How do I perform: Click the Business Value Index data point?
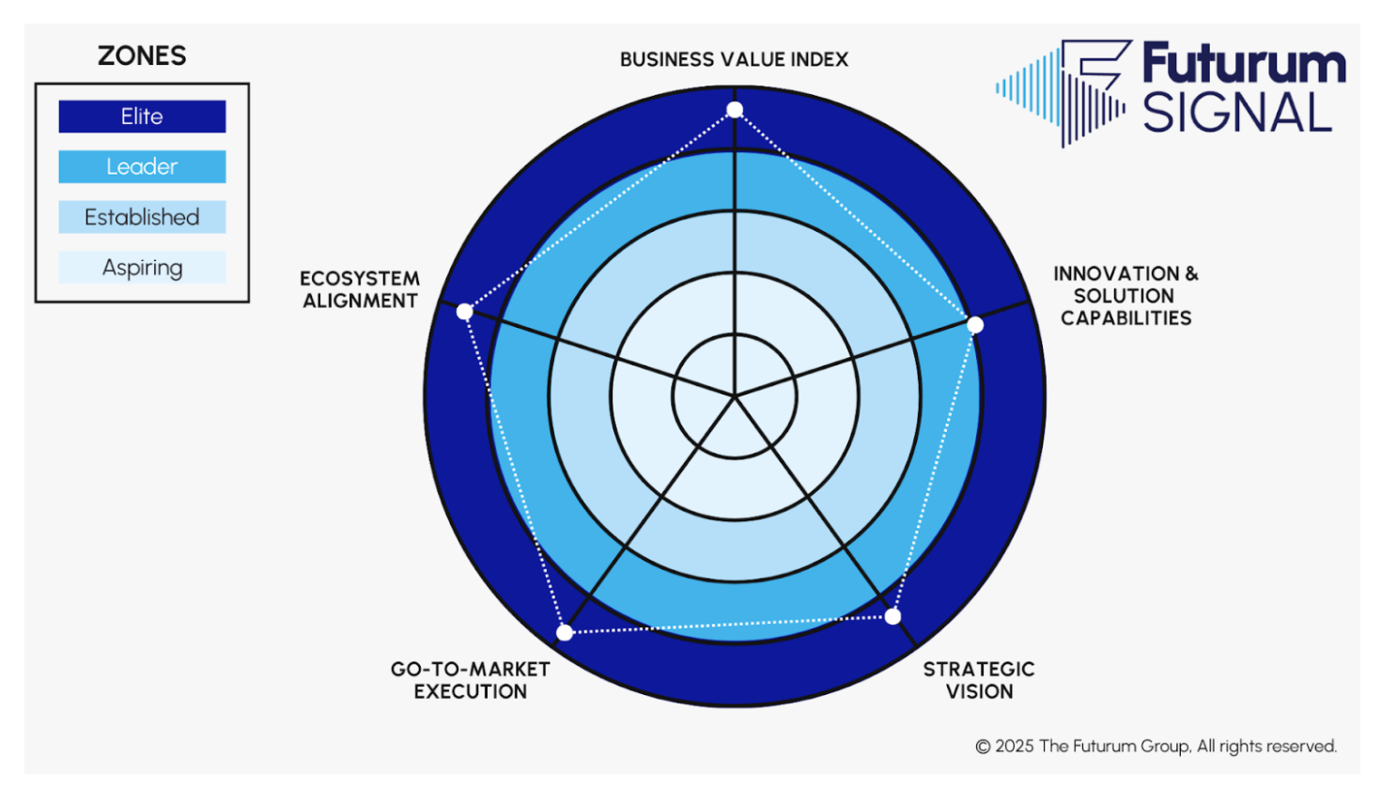(735, 110)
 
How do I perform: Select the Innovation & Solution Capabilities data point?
(975, 325)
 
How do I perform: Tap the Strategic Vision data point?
(892, 616)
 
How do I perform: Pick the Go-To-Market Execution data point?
(565, 632)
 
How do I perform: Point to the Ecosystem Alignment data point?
(465, 311)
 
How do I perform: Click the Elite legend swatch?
(142, 116)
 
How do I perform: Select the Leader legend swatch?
(142, 167)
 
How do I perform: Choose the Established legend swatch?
(142, 217)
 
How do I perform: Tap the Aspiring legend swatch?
(142, 268)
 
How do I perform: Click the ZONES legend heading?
(142, 56)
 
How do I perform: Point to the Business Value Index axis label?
(734, 59)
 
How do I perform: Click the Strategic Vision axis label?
(979, 680)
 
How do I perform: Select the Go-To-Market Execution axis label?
(471, 680)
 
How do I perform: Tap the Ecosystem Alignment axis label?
(360, 289)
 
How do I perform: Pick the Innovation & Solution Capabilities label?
(1125, 296)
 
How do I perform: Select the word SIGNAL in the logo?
(1236, 114)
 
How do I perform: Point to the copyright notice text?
(1156, 747)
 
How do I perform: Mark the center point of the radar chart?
(735, 395)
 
